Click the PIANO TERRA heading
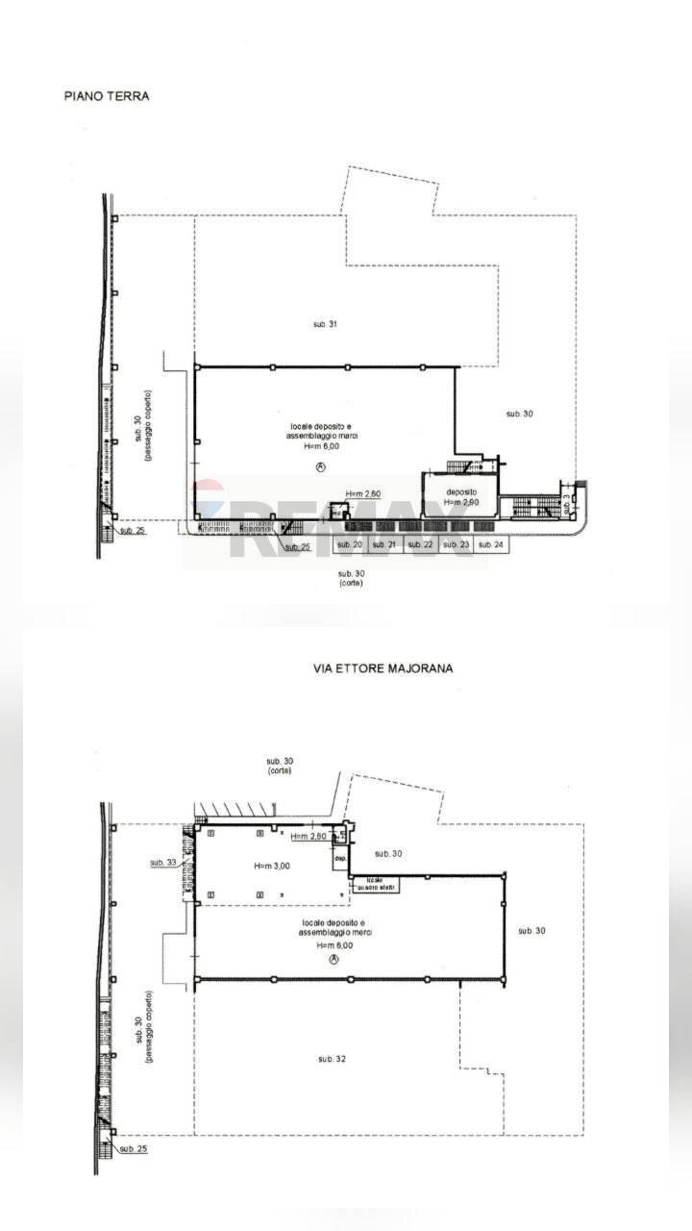(x=107, y=96)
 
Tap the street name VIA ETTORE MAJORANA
(x=383, y=667)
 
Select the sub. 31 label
(x=325, y=324)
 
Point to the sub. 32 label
(x=332, y=1059)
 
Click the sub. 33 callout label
(x=162, y=863)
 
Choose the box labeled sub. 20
(x=350, y=545)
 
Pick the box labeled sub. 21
(x=384, y=545)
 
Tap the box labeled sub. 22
(x=421, y=545)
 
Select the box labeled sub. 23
(x=457, y=545)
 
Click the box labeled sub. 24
(x=491, y=545)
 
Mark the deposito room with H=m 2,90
(x=460, y=496)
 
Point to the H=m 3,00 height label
(x=272, y=866)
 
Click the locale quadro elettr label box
(x=375, y=884)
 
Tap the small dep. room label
(x=340, y=860)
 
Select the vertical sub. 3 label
(x=567, y=501)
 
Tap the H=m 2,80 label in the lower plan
(x=309, y=837)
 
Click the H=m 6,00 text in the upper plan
(x=322, y=446)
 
